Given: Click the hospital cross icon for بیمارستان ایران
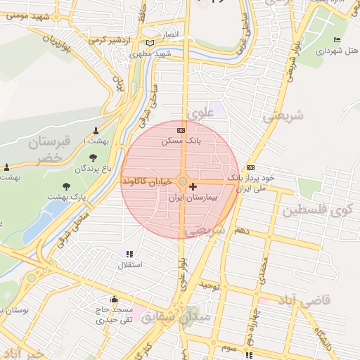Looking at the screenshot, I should [193, 187].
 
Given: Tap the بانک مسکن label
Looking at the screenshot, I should [176, 141].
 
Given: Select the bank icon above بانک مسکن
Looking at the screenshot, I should [181, 130].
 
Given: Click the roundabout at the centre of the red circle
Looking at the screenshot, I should [183, 182].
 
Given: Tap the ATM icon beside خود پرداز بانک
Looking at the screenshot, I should [251, 167].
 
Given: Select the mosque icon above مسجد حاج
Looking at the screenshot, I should [114, 299].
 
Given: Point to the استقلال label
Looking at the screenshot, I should [128, 264].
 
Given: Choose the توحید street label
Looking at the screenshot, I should [209, 285].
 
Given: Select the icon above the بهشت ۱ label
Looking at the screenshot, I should [96, 131].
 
